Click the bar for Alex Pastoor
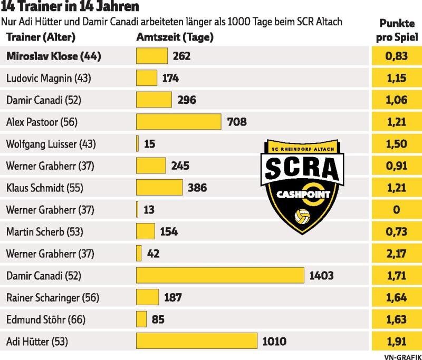tap(178, 122)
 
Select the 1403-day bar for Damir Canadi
tap(220, 275)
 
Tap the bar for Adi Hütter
tap(196, 341)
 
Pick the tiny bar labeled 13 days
tap(137, 209)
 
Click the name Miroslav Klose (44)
tap(54, 56)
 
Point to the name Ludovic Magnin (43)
tap(49, 78)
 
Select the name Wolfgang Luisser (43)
tap(51, 144)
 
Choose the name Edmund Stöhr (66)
tap(46, 319)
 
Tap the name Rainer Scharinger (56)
tap(53, 297)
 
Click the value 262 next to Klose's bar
tap(181, 56)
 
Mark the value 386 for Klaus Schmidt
tap(197, 188)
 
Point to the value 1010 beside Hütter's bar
tap(274, 341)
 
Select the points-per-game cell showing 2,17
tap(396, 254)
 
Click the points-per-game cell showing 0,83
tap(396, 56)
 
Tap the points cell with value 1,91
tap(396, 341)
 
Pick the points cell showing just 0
tap(396, 209)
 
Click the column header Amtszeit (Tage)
tap(175, 37)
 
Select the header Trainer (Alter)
tap(41, 37)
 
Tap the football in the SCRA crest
tap(303, 217)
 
